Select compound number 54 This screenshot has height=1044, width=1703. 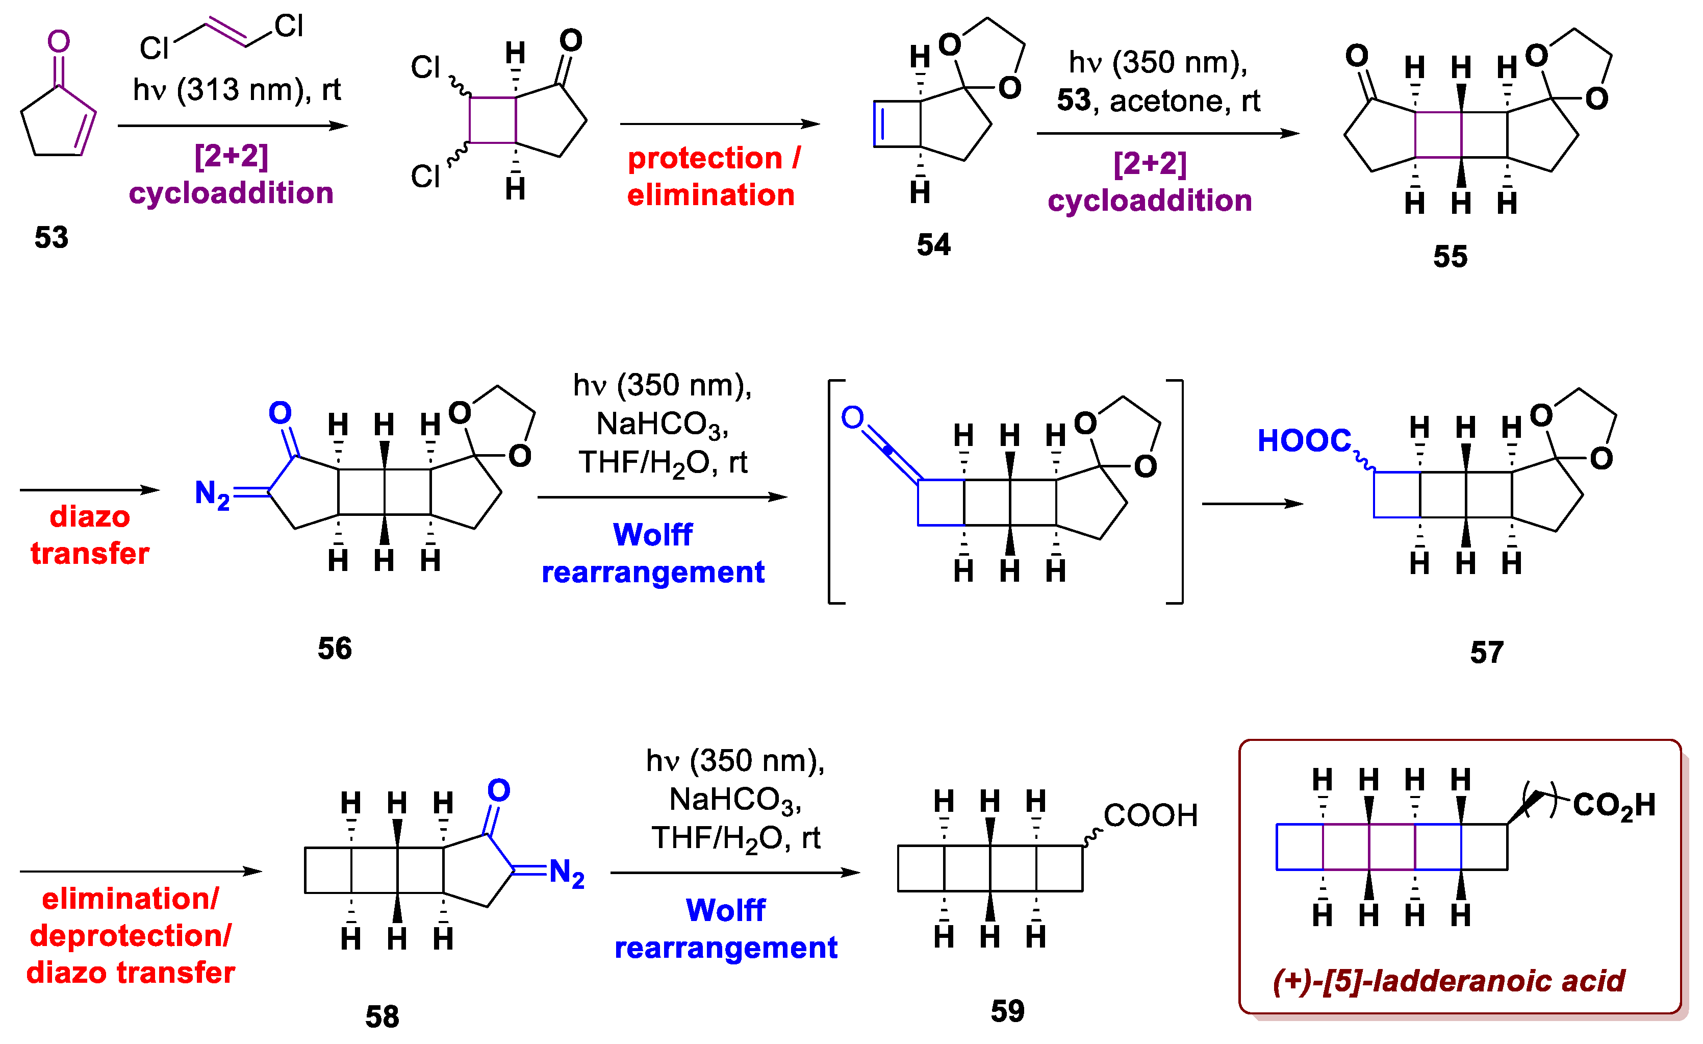click(934, 245)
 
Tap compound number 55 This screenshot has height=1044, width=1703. click(1450, 257)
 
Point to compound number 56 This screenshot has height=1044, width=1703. click(335, 649)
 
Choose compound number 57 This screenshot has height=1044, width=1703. click(1487, 652)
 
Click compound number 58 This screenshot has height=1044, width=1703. click(382, 1016)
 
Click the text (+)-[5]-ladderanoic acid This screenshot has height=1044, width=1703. click(1448, 980)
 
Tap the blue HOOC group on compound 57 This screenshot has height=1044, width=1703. click(1304, 440)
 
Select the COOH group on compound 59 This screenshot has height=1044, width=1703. click(1150, 815)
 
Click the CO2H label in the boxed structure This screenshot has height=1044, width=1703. click(1614, 806)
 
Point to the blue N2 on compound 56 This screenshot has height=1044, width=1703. click(212, 494)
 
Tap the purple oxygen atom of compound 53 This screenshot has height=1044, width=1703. click(59, 41)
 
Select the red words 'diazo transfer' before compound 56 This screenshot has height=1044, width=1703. click(90, 535)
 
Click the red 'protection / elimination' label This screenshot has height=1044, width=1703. click(712, 177)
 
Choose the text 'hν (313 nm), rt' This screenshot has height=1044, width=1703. click(237, 90)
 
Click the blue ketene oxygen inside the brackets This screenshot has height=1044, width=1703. click(852, 417)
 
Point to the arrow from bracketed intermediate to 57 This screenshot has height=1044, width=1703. click(1252, 504)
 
